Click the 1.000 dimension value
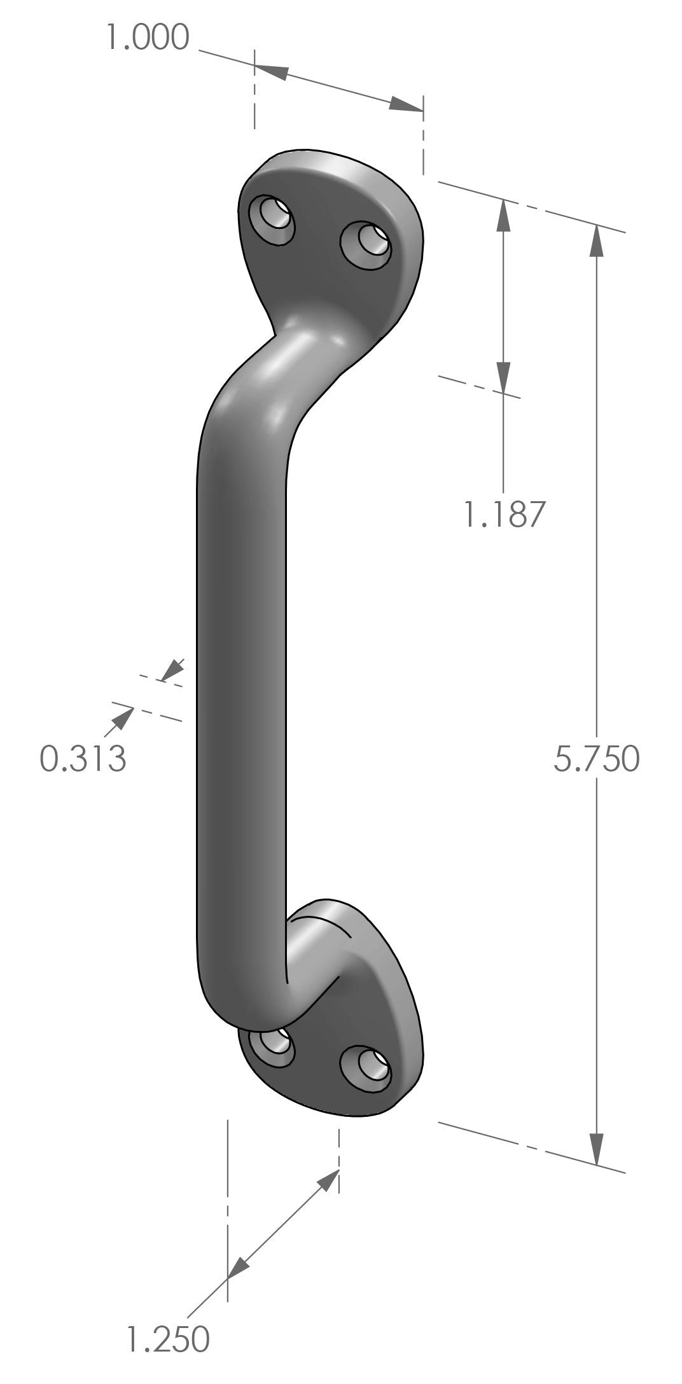click(148, 38)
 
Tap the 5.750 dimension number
click(595, 759)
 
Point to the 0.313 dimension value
click(83, 758)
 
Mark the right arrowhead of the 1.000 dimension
click(407, 106)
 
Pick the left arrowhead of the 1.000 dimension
click(271, 71)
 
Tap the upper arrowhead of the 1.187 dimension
click(503, 215)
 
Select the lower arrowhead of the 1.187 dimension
click(503, 377)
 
